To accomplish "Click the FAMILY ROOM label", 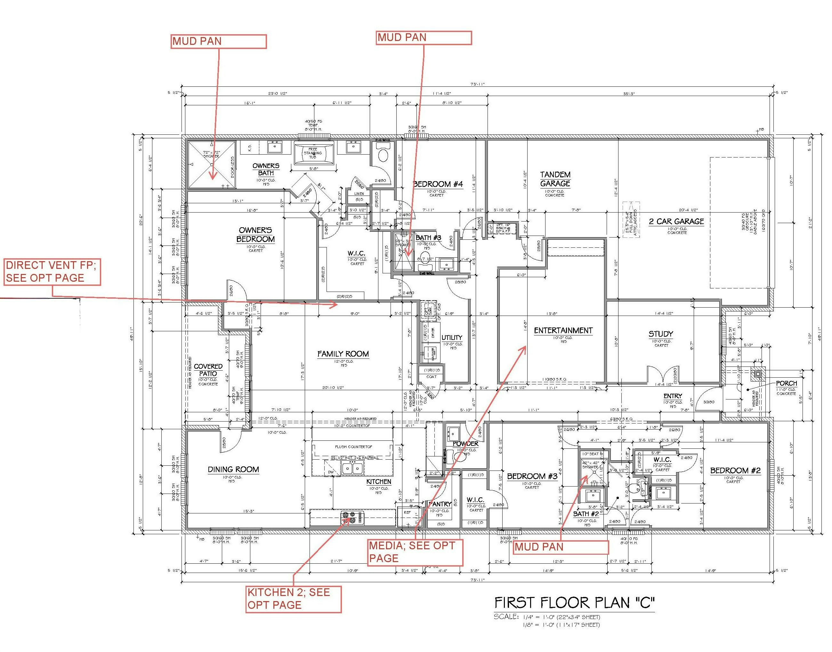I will click(343, 354).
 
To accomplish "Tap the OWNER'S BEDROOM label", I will click(255, 234).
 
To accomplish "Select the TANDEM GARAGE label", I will click(555, 179).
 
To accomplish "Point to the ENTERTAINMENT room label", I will click(563, 330).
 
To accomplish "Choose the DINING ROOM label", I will click(233, 469).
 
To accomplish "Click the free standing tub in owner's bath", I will click(313, 153).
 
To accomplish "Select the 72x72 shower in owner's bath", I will click(212, 165).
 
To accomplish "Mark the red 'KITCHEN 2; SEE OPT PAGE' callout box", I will click(293, 599).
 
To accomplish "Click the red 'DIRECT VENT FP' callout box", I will click(52, 271).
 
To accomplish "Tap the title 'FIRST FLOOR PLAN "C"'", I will click(574, 603).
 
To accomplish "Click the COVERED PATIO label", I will click(208, 370).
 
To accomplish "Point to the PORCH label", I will click(786, 383).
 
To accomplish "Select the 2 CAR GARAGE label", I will click(676, 221).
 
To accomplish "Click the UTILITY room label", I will click(452, 337).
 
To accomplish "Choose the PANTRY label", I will click(440, 504).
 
